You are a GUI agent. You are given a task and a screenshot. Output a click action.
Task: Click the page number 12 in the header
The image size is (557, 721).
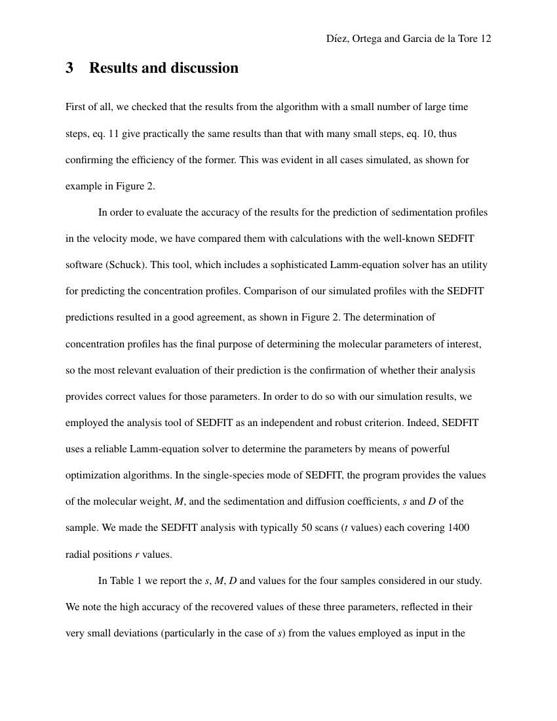pyautogui.click(x=486, y=39)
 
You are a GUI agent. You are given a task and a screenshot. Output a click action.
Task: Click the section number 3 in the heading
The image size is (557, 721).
pyautogui.click(x=69, y=68)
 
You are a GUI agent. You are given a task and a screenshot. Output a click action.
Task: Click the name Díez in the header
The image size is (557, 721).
pyautogui.click(x=337, y=39)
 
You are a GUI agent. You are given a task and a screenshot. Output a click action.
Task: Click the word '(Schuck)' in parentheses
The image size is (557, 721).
pyautogui.click(x=124, y=265)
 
